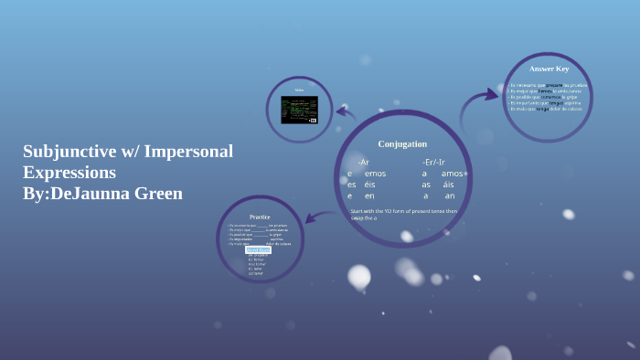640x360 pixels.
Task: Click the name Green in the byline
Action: click(157, 193)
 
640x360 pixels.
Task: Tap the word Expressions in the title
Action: click(69, 172)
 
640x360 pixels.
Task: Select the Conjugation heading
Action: click(402, 143)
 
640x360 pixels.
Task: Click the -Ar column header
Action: click(363, 162)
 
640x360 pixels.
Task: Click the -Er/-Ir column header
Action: click(433, 162)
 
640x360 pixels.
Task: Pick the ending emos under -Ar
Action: click(375, 174)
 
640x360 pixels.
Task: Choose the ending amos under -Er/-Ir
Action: click(452, 174)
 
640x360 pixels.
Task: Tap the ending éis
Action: click(369, 185)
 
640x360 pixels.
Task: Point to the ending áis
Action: click(448, 185)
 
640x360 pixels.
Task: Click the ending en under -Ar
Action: click(369, 196)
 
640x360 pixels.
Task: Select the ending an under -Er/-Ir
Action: click(449, 196)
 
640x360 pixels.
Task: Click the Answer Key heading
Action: click(549, 69)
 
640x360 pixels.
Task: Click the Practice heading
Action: click(260, 217)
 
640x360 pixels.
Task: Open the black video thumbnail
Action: click(299, 110)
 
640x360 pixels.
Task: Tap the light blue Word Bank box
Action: click(258, 249)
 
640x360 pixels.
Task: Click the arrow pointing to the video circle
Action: click(346, 113)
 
